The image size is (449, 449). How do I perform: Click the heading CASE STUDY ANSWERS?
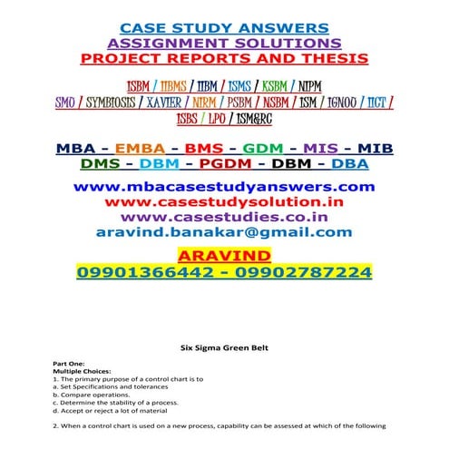(224, 27)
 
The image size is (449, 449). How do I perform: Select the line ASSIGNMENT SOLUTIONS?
(224, 43)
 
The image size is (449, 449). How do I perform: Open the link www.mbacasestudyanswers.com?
(224, 186)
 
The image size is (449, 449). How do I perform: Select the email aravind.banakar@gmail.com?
(224, 232)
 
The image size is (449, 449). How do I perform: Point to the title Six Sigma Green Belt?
(224, 347)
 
